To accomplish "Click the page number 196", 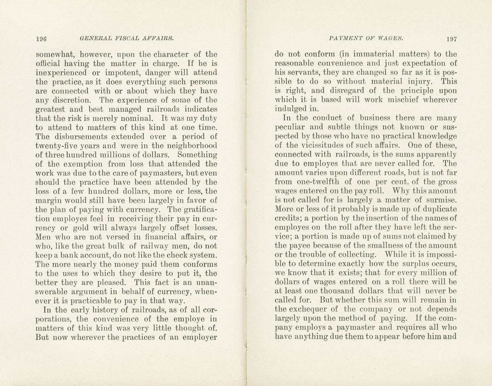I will tap(42, 39).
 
